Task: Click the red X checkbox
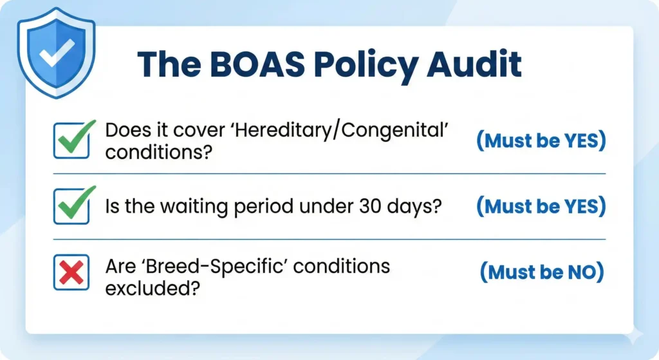point(71,273)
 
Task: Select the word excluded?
point(150,287)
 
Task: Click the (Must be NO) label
point(542,272)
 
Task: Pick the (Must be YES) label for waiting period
point(541,207)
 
